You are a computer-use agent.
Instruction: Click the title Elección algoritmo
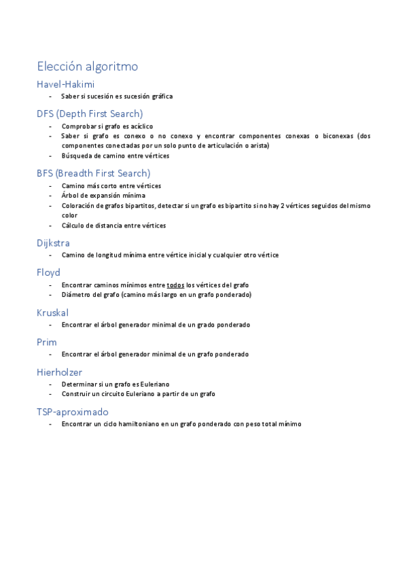pyautogui.click(x=88, y=67)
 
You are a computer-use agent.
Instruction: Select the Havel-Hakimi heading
pyautogui.click(x=65, y=84)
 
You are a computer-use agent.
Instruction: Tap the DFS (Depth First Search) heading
pyautogui.click(x=90, y=113)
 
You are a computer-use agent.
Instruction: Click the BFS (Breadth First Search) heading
pyautogui.click(x=94, y=173)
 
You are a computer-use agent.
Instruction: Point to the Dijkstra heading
pyautogui.click(x=54, y=242)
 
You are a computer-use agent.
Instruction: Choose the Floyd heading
pyautogui.click(x=48, y=272)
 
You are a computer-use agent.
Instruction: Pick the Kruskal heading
pyautogui.click(x=52, y=312)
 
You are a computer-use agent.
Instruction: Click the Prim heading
pyautogui.click(x=46, y=342)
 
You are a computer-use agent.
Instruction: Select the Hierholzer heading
pyautogui.click(x=60, y=372)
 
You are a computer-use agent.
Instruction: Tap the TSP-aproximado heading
pyautogui.click(x=73, y=412)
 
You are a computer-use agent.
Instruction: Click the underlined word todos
pyautogui.click(x=175, y=285)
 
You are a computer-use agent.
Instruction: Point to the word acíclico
pyautogui.click(x=140, y=126)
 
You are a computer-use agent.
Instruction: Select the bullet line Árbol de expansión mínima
pyautogui.click(x=103, y=196)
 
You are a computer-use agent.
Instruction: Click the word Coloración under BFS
pyautogui.click(x=77, y=206)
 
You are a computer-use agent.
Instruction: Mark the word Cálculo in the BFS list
pyautogui.click(x=73, y=226)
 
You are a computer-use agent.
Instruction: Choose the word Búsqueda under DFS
pyautogui.click(x=76, y=156)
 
